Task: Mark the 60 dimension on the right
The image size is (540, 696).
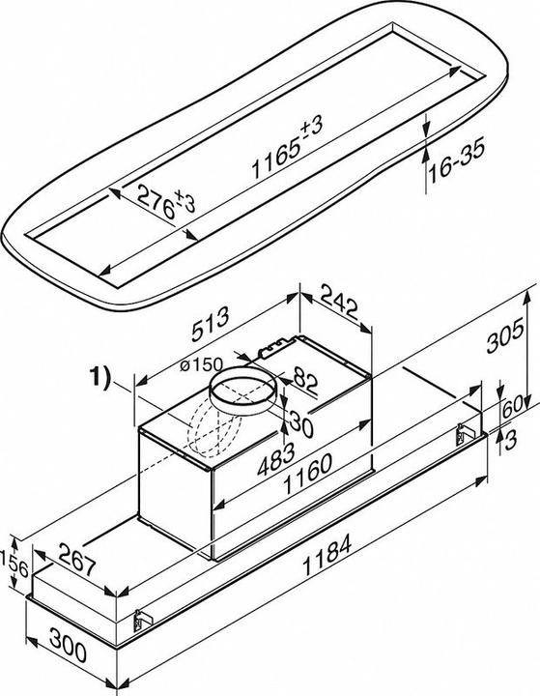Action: tap(512, 403)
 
